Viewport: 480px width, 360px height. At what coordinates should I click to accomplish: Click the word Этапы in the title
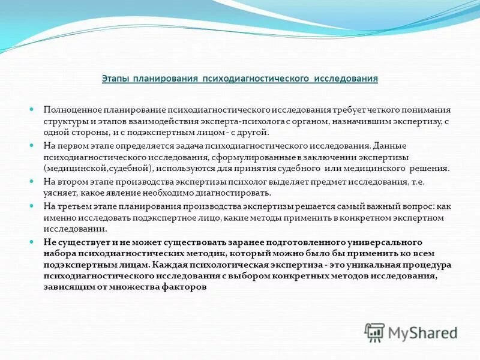pos(116,79)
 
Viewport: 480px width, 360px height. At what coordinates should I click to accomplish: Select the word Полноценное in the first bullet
pos(68,110)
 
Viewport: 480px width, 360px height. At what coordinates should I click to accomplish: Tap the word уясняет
pos(58,193)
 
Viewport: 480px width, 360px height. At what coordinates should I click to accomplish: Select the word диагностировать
pos(240,193)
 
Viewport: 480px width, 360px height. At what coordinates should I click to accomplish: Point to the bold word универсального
pos(400,242)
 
